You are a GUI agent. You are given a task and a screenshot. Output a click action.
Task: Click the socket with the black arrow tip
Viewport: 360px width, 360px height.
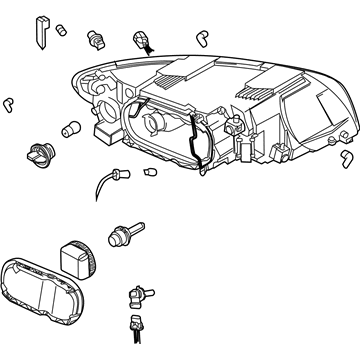(x=142, y=40)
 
